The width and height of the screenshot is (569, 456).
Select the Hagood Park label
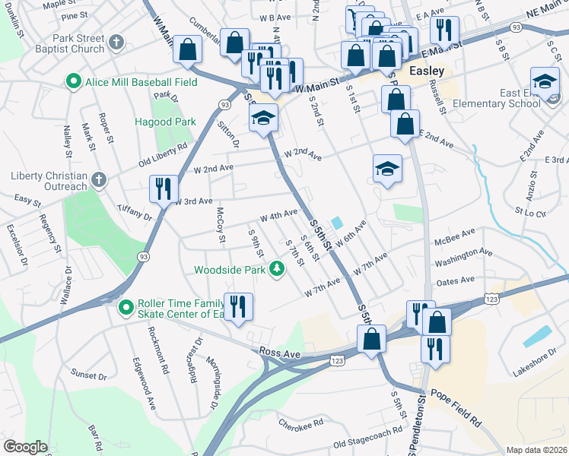tap(165, 122)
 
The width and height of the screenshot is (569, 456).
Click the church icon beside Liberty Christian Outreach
tap(97, 180)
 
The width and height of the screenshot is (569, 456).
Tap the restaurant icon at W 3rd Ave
tap(164, 188)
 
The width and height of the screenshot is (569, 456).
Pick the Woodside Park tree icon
tap(278, 268)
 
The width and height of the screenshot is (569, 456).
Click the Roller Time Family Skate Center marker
tap(126, 307)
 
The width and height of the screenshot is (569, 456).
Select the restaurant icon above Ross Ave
tap(239, 306)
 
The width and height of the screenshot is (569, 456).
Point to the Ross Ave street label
tap(280, 353)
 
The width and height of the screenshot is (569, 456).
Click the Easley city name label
tap(426, 71)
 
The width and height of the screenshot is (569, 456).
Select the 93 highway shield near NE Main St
tap(517, 27)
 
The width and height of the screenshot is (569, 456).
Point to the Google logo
tap(25, 447)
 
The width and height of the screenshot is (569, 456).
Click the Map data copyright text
tap(536, 450)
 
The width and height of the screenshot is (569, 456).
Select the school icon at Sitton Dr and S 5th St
tap(263, 117)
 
